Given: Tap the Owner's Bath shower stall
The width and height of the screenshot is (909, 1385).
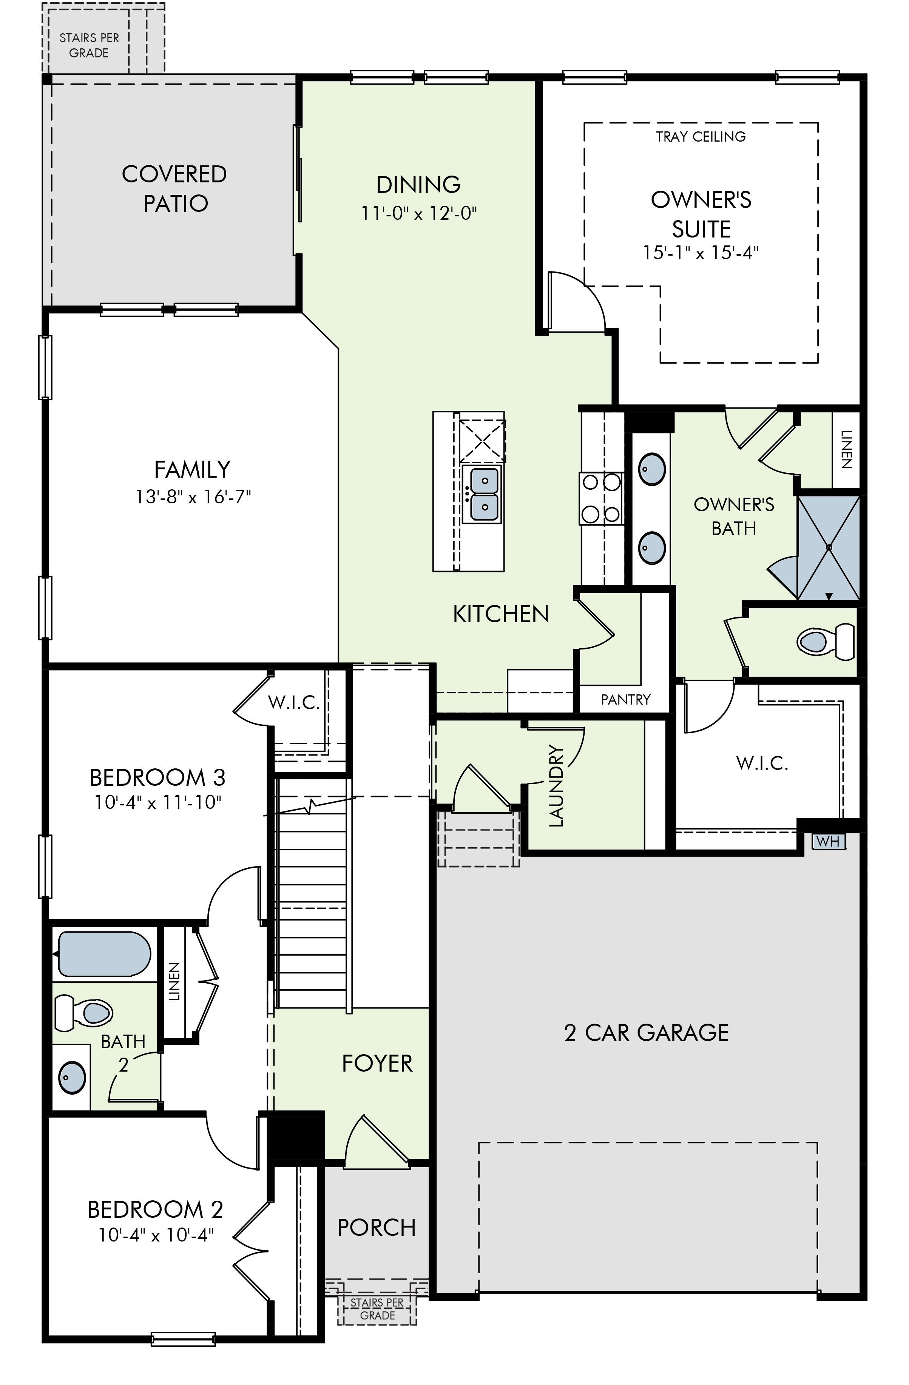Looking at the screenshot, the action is click(828, 548).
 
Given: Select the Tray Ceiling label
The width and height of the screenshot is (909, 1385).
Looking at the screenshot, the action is click(701, 137).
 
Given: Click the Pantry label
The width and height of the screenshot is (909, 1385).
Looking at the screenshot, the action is click(626, 699).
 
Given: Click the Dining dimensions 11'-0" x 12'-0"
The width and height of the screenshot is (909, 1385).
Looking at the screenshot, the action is click(419, 214).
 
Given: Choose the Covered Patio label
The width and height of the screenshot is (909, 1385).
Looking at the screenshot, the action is click(174, 188).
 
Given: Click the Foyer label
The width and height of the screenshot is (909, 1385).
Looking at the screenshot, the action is click(377, 1063).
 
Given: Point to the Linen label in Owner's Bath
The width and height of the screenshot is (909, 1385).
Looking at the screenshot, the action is click(847, 449).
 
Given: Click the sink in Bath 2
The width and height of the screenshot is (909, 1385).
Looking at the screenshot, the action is click(72, 1077).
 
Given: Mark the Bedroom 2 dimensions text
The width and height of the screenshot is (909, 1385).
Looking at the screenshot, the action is click(156, 1235).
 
